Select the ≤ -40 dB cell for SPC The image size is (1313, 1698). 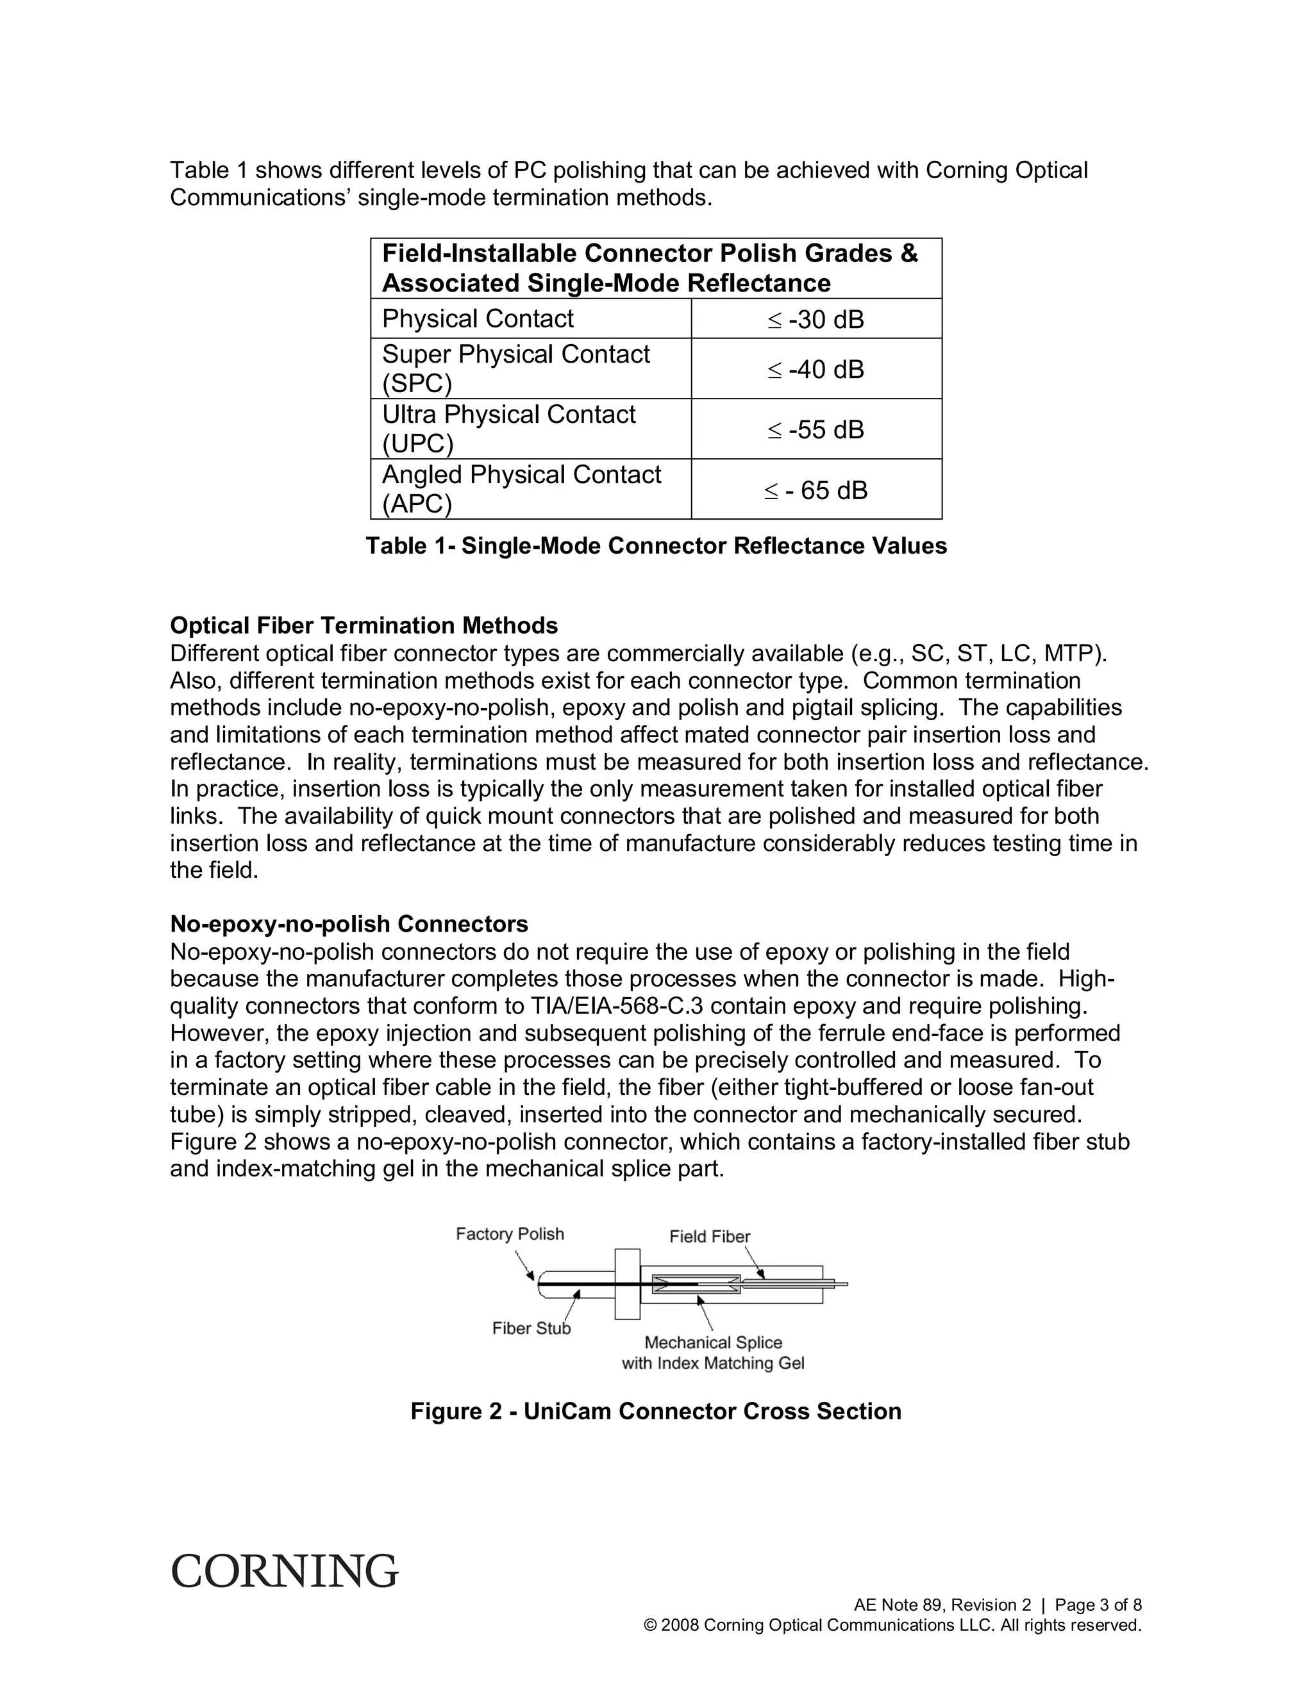pos(816,369)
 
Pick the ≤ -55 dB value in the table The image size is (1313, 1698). pos(816,429)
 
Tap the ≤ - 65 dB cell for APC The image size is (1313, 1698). pos(816,490)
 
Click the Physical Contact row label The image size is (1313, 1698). pos(478,318)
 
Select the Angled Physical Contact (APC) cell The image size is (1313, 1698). pos(521,489)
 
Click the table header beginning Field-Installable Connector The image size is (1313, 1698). pos(649,268)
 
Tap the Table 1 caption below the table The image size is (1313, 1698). pos(656,546)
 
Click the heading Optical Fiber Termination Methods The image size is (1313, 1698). pos(364,626)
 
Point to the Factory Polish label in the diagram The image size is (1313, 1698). pos(510,1234)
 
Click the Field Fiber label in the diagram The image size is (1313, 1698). pos(710,1236)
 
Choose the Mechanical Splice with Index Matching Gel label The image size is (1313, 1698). pos(712,1353)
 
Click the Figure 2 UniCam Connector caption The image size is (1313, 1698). pos(656,1411)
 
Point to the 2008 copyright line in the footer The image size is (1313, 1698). pos(893,1625)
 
